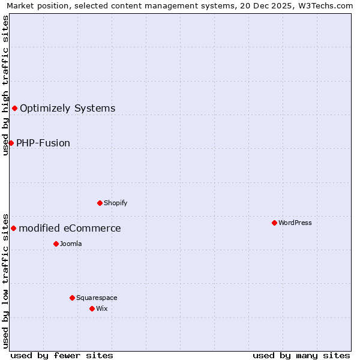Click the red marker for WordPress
(274, 223)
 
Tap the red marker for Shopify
(100, 203)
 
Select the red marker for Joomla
(56, 244)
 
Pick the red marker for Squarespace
(72, 298)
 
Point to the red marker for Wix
(92, 308)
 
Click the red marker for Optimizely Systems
(14, 108)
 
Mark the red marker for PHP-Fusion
(11, 143)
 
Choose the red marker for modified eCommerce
(13, 228)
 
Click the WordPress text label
(295, 223)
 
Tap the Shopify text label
(116, 203)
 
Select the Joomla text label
(71, 244)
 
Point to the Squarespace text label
(97, 298)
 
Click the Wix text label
(101, 308)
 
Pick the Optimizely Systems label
(68, 109)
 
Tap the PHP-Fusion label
(43, 143)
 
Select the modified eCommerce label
(70, 229)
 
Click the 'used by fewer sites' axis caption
(62, 355)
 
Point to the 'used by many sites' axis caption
(301, 355)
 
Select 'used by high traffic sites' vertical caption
(5, 85)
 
